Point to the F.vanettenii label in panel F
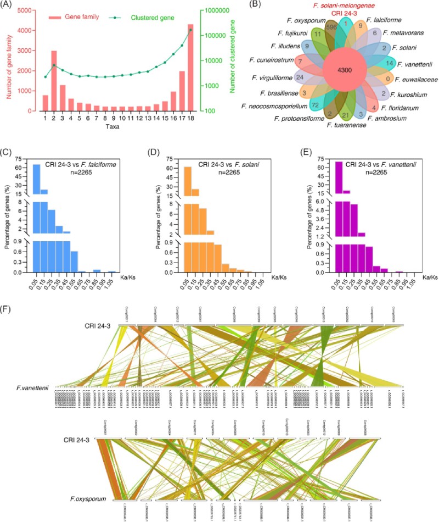pyautogui.click(x=32, y=388)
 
